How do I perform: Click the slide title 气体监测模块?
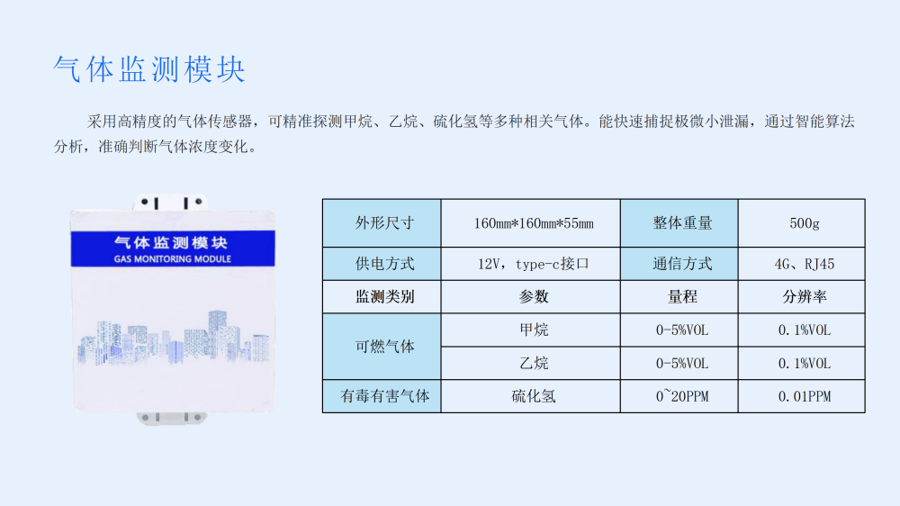coord(149,69)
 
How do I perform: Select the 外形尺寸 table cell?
coord(382,223)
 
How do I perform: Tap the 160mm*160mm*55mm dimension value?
coord(533,223)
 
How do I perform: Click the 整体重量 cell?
coord(679,223)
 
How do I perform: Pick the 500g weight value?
coord(804,223)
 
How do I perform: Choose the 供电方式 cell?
coord(382,264)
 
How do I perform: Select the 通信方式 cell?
coord(679,264)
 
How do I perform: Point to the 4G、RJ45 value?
coord(804,264)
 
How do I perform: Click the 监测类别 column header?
coord(384,297)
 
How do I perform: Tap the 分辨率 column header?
coord(804,297)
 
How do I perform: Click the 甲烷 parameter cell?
coord(533,330)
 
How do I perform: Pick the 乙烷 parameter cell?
coord(533,363)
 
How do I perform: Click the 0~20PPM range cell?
coord(682,396)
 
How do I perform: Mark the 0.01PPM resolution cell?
coord(804,396)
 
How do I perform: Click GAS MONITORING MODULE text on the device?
coord(172,259)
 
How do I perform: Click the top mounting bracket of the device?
coord(170,203)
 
